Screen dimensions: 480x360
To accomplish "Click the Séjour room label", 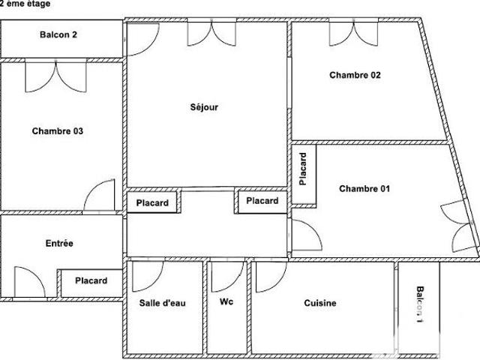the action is pos(204,107).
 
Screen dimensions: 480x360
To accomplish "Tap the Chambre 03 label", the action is pos(58,131).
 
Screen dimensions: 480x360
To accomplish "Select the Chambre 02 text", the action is pos(355,75).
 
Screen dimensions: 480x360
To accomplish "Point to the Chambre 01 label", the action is pos(364,188).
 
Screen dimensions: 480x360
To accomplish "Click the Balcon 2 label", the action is pos(58,34).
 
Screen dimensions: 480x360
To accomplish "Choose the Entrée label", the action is pos(59,243).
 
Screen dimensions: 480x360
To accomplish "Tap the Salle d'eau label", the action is pos(163,303).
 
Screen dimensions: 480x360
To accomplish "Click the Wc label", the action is pos(226,301).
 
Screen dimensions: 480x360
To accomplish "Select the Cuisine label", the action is pos(320,303).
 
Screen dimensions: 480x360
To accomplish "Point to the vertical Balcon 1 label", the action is pos(420,304).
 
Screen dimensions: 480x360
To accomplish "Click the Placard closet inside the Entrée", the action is pos(91,280).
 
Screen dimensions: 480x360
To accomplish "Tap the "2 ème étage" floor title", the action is pos(25,4).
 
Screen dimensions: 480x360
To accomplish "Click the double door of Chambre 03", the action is pos(55,76).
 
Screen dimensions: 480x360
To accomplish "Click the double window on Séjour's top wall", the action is pos(211,33).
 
